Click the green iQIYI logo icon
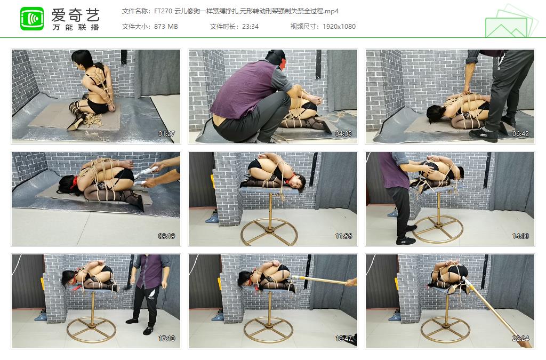click(32, 19)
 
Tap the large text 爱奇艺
click(75, 14)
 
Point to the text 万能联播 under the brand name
click(76, 27)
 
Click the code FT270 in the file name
click(163, 11)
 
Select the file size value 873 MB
click(166, 27)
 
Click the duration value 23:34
click(250, 27)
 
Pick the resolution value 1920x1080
click(339, 27)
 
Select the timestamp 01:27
click(166, 134)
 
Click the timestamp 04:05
click(343, 134)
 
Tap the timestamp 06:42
click(520, 134)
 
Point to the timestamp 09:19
click(166, 236)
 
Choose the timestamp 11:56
click(343, 236)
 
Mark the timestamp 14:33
click(520, 236)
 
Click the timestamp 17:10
click(166, 339)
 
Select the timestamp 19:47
click(343, 339)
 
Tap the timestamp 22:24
click(520, 339)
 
